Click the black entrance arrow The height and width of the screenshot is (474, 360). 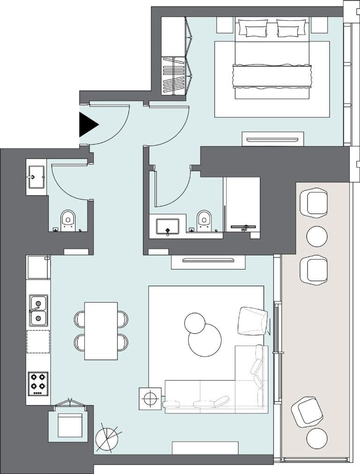point(87,125)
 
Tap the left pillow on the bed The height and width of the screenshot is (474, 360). point(253,28)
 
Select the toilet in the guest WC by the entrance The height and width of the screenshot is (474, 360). point(68,220)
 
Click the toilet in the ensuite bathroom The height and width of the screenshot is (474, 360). point(204,219)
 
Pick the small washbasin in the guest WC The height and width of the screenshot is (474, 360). point(36,177)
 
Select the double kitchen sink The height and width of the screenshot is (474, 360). point(38,310)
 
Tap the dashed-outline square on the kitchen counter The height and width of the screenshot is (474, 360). point(38,341)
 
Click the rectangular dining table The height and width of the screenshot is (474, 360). point(101,331)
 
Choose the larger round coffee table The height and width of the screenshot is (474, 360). point(205,340)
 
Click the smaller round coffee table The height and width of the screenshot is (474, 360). point(195,323)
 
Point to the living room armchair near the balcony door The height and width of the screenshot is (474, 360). point(252,321)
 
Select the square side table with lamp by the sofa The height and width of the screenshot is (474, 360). point(150,399)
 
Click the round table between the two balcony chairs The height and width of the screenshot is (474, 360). point(317,236)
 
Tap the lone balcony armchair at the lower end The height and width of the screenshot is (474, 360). point(307,411)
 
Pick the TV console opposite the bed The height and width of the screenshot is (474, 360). point(272,139)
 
